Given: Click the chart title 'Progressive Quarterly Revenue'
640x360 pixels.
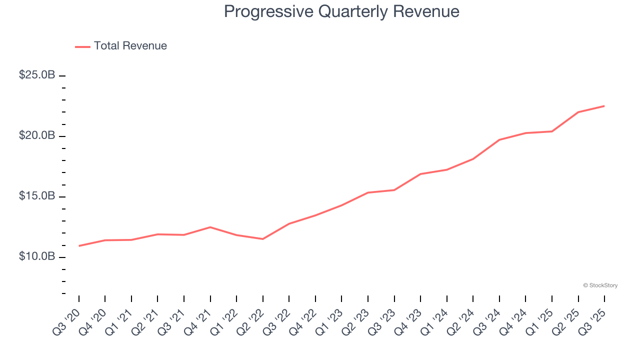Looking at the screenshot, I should tap(341, 11).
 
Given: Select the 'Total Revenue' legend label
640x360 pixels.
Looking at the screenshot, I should tap(130, 46).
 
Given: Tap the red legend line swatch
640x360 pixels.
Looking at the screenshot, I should tap(82, 46).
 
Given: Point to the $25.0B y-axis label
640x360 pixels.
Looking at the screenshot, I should tap(37, 75).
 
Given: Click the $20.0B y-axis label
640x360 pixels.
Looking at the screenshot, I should tap(37, 135).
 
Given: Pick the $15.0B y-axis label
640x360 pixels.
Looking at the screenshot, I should tap(37, 196).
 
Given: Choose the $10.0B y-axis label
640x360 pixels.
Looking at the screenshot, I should tap(37, 256).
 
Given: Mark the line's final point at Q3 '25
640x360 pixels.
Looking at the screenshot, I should tap(604, 106).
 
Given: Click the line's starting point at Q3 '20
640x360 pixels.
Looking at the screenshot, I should tap(79, 246).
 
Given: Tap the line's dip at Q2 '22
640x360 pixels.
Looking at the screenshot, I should tap(262, 239).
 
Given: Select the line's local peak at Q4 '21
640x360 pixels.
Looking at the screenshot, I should tap(210, 227).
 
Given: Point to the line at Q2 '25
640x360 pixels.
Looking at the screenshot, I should tap(578, 112).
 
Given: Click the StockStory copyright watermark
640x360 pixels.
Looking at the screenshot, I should tap(600, 285).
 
